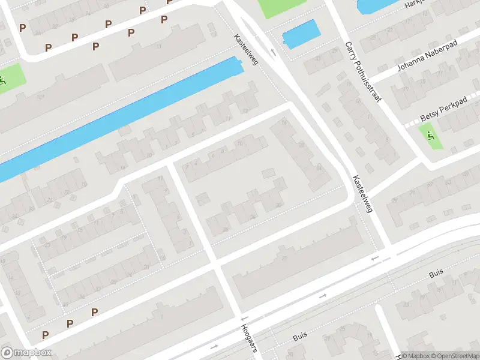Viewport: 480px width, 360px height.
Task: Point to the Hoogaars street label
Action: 249,341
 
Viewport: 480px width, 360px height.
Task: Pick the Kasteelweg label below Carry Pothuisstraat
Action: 364,193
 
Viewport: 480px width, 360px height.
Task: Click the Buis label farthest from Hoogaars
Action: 436,274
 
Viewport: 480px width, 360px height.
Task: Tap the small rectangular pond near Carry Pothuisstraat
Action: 301,34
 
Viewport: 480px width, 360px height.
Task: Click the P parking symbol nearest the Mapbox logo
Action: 46,334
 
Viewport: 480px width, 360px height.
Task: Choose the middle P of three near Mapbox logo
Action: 70,323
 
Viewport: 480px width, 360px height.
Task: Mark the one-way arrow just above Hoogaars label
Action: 244,320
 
